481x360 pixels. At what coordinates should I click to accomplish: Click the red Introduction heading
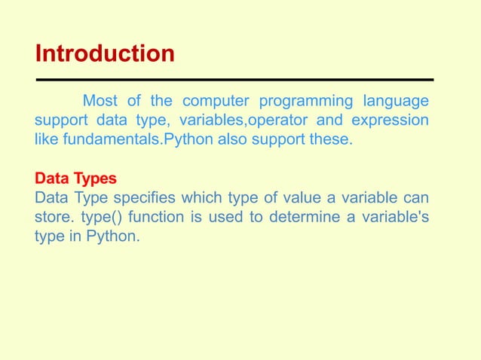(105, 54)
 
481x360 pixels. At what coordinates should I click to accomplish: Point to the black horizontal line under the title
(234, 79)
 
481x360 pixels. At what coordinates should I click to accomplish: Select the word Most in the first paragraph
(100, 101)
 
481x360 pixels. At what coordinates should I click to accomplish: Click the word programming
(305, 101)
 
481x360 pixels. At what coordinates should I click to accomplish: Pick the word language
(397, 101)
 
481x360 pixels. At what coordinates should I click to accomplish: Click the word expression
(389, 121)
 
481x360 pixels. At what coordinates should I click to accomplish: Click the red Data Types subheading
(75, 179)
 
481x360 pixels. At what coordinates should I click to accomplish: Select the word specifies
(148, 198)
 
